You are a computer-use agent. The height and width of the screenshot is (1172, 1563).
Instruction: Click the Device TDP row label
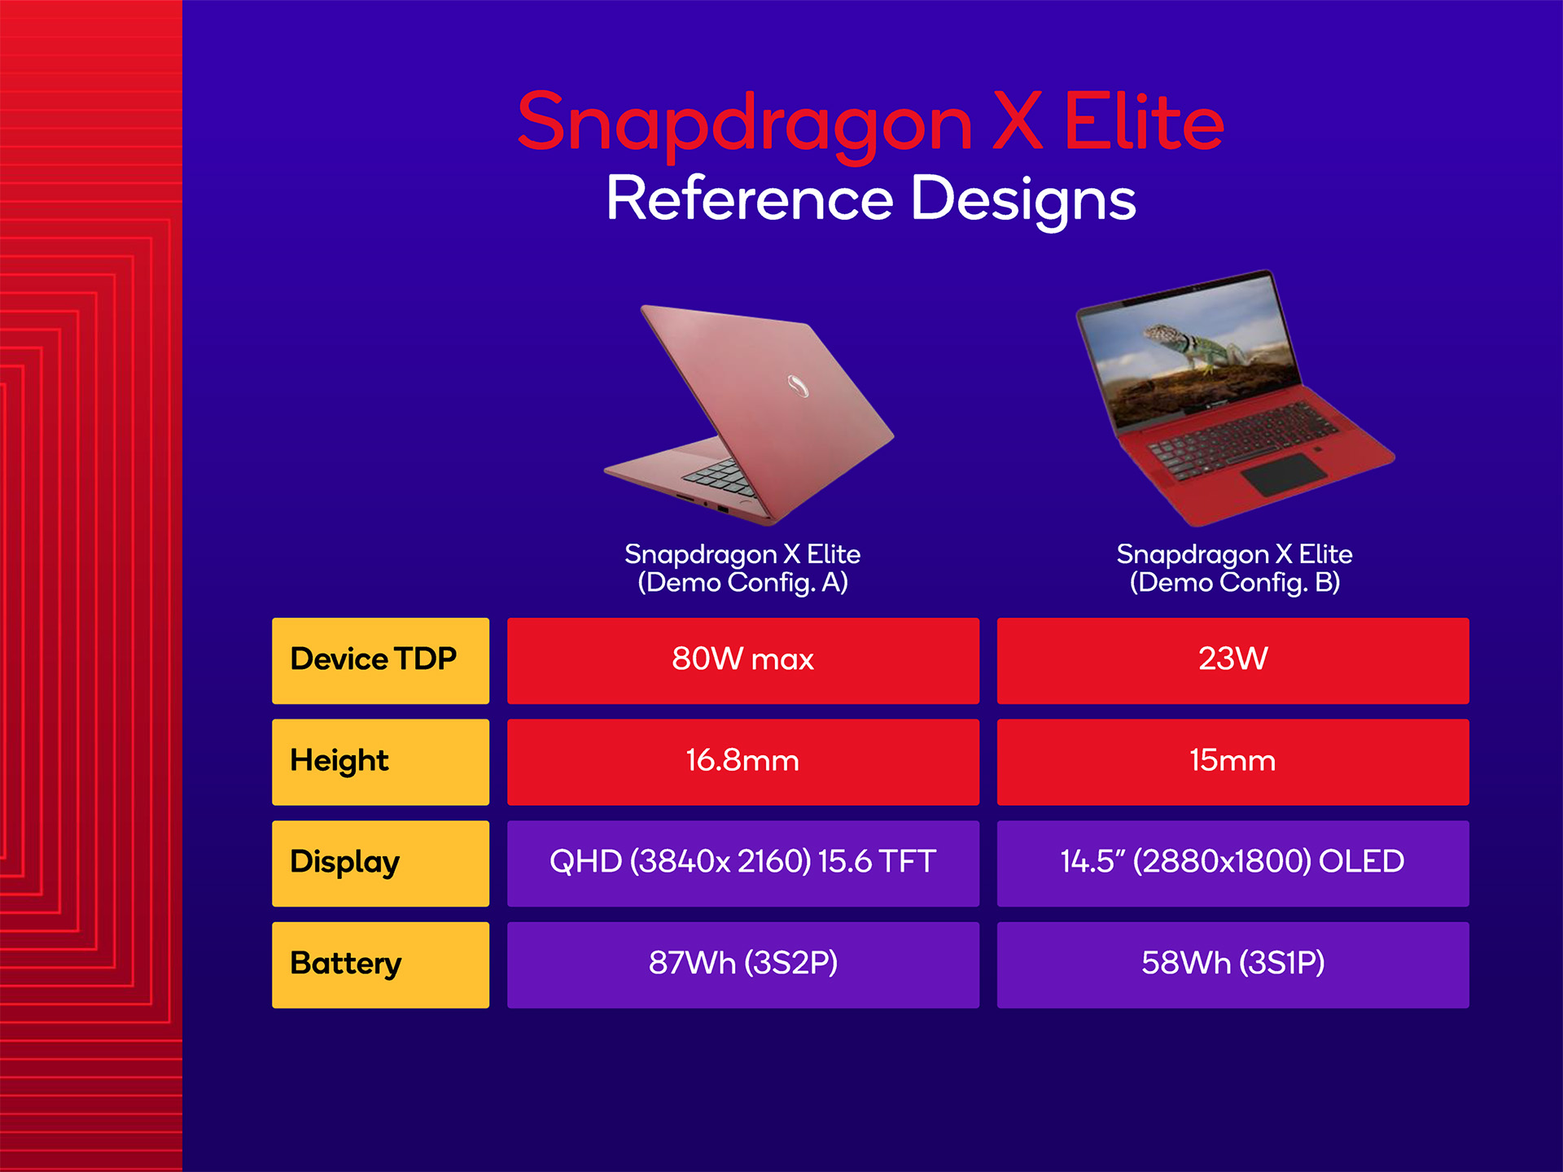click(x=380, y=660)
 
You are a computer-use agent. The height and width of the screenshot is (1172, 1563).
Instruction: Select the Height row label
click(x=380, y=762)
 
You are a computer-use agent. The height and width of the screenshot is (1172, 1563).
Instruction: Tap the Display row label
click(x=380, y=864)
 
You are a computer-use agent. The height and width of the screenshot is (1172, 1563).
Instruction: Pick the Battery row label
click(x=380, y=965)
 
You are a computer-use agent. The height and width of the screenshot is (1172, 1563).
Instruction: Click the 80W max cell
click(x=742, y=660)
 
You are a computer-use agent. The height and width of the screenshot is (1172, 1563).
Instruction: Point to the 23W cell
click(x=1232, y=660)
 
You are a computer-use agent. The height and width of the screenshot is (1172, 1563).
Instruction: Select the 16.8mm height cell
click(x=742, y=762)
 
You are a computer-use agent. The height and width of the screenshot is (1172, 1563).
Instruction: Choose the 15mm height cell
click(x=1232, y=762)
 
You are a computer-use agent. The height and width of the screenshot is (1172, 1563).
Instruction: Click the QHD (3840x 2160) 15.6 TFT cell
click(x=742, y=864)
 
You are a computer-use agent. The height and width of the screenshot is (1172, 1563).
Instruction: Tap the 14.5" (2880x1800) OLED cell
click(x=1232, y=864)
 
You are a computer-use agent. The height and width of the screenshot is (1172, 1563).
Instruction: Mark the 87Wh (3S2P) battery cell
click(x=742, y=965)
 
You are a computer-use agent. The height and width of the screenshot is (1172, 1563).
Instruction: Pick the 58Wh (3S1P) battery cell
click(x=1232, y=965)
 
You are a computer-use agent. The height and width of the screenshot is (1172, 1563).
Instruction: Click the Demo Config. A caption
click(x=742, y=568)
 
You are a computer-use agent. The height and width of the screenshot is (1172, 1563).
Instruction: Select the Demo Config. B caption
click(x=1234, y=568)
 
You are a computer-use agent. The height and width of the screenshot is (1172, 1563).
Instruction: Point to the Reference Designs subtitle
click(x=871, y=200)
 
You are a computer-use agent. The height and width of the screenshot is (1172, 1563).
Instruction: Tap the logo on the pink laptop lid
click(x=798, y=386)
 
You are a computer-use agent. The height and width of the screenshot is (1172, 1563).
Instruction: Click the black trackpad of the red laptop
click(x=1284, y=474)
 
